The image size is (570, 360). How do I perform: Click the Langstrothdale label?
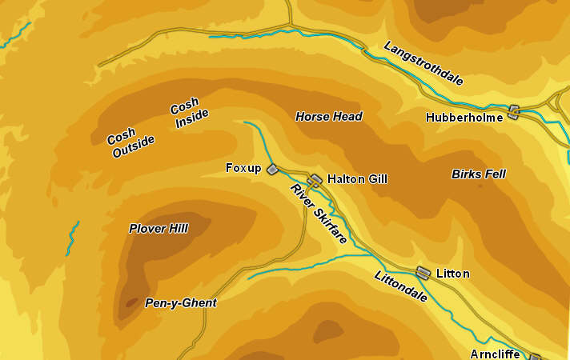coord(423,63)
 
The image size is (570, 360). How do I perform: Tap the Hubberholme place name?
coord(464,117)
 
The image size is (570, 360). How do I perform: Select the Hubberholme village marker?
coord(514,112)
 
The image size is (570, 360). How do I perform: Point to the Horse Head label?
coord(329,117)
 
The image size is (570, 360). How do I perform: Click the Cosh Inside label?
coord(189,114)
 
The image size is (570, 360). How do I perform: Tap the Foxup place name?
coord(243,168)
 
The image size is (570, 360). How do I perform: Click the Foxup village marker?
coord(272,169)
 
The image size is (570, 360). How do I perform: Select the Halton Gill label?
coord(357,179)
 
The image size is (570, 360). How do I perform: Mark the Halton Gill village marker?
coord(316,180)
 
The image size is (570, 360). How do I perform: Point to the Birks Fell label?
coord(479,174)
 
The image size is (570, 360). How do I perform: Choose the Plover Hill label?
coord(159,229)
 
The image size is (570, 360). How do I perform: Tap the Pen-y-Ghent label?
coord(180,303)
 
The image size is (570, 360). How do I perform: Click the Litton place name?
coord(452,274)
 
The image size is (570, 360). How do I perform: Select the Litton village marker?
coord(423,273)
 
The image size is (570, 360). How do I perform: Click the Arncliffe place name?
coord(495,354)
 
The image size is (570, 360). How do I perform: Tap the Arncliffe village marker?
coord(535,357)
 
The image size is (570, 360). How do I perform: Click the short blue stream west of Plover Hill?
coord(73,238)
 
